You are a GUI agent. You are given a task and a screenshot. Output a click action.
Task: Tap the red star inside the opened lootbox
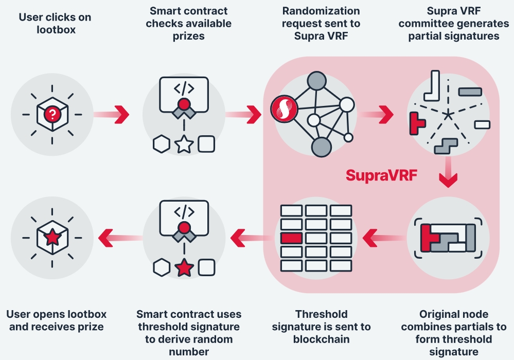[52, 238]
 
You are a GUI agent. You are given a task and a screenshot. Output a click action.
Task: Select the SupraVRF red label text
[381, 175]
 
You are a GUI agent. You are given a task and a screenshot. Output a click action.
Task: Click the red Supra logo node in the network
[282, 108]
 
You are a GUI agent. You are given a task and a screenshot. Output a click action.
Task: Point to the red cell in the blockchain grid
[291, 238]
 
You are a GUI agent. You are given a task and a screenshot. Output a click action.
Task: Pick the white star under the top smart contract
[184, 145]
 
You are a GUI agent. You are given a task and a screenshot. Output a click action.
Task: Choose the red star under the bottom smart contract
[184, 267]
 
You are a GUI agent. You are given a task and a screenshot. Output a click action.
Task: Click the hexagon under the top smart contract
[161, 145]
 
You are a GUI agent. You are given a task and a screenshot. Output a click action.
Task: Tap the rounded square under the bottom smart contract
[206, 267]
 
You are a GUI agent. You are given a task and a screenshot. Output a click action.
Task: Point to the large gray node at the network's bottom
[321, 147]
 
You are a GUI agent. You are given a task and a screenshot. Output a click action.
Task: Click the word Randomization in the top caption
[321, 11]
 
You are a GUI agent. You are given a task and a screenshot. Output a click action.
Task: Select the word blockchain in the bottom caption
[321, 339]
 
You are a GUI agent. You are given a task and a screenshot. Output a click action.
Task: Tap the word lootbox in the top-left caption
[56, 30]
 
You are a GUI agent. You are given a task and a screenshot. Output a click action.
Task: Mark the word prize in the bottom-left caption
[89, 327]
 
